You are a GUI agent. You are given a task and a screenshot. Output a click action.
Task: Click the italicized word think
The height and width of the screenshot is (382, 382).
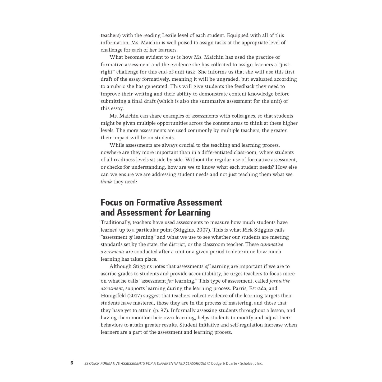click(106, 182)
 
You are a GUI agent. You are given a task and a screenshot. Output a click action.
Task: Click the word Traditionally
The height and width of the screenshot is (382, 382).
click(115, 223)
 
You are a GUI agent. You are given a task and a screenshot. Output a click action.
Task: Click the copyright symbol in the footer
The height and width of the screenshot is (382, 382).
click(209, 363)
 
